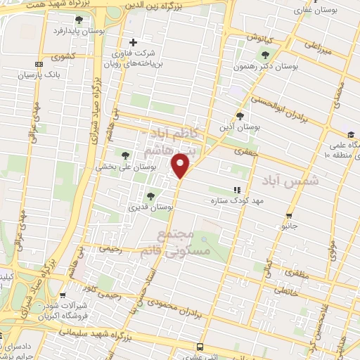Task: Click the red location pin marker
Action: pyautogui.click(x=181, y=166)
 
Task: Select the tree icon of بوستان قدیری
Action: pyautogui.click(x=150, y=196)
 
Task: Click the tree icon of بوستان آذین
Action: pyautogui.click(x=240, y=116)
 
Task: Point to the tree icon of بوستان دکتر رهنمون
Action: pyautogui.click(x=264, y=56)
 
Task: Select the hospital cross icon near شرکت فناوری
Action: pyautogui.click(x=134, y=42)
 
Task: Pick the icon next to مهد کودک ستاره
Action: pyautogui.click(x=237, y=190)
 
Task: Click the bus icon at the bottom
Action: pyautogui.click(x=200, y=347)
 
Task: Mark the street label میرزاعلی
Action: pyautogui.click(x=316, y=47)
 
